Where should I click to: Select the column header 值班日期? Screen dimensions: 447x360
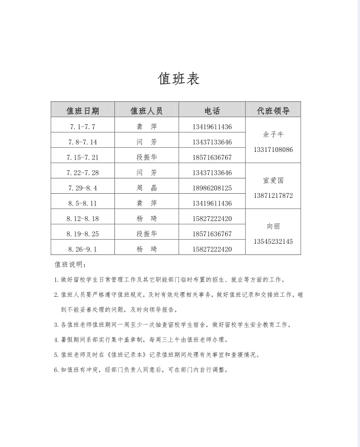[82, 111]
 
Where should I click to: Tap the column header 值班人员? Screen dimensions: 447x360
[146, 111]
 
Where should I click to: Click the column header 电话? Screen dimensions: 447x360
[212, 111]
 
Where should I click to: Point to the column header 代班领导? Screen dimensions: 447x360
[273, 111]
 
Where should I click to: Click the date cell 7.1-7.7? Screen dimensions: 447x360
[82, 127]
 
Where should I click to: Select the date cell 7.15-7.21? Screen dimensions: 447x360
[82, 157]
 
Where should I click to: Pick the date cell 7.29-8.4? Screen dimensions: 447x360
[82, 188]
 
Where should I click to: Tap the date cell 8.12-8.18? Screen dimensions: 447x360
[82, 218]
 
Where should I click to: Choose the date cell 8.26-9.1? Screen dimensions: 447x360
[82, 249]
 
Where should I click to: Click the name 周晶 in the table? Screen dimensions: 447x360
[147, 188]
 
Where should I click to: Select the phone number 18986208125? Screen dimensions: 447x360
[212, 188]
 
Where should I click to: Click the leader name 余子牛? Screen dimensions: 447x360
[273, 134]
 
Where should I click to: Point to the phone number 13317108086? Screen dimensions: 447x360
[273, 150]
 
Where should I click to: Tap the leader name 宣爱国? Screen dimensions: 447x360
[273, 180]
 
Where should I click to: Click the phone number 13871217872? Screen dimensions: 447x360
[273, 196]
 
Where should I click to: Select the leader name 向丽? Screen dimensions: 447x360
[273, 226]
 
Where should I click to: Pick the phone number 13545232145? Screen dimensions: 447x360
[273, 241]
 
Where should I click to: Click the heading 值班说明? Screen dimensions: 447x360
[70, 265]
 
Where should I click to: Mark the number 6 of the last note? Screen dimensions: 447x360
[56, 370]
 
